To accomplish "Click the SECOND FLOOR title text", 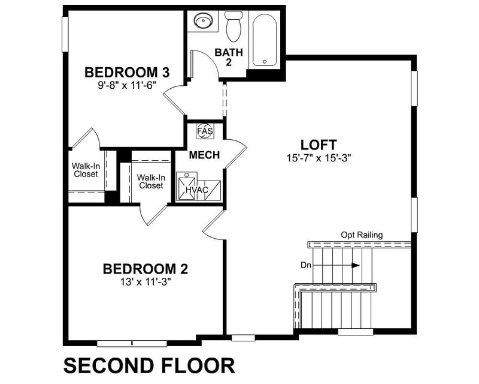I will pos(149,365).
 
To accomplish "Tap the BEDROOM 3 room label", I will pos(128,73).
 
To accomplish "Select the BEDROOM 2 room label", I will pos(146,268).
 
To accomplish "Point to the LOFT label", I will pos(319,145).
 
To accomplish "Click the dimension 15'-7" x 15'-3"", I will pos(318,158).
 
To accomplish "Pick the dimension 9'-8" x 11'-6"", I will pos(128,86).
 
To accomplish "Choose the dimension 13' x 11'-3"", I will pos(146,281).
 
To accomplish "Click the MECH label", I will pos(204,155).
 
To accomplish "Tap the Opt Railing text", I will pos(362,235).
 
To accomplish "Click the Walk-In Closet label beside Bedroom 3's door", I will pos(86,170).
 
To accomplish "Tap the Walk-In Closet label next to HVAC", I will pos(150,182).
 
